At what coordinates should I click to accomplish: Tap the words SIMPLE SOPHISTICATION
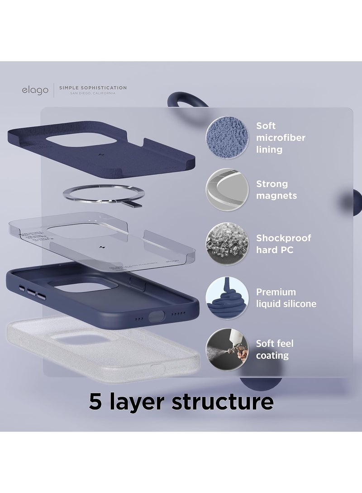90,87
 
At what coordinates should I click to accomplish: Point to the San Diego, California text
90,93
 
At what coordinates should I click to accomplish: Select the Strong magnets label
271,190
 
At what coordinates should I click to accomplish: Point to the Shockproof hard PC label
283,244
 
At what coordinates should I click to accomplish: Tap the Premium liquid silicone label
286,298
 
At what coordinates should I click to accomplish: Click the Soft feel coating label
275,349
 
